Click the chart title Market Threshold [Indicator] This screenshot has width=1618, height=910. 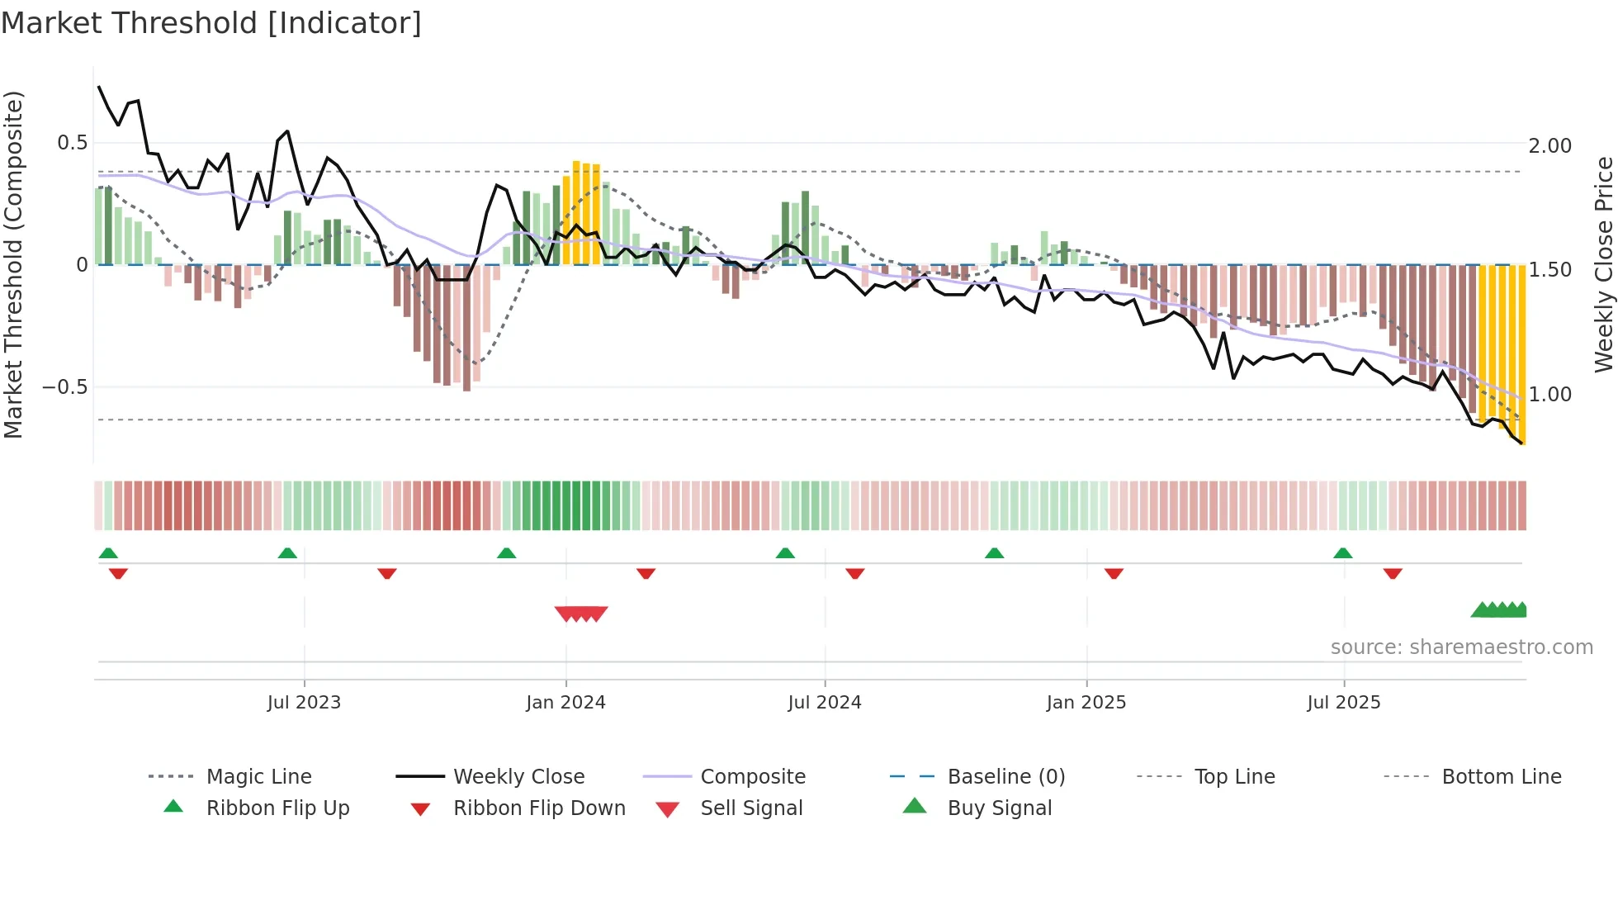pos(211,23)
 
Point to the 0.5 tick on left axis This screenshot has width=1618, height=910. pos(72,143)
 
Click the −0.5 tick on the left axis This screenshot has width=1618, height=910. pos(65,387)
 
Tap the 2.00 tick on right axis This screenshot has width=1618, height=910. pos(1549,146)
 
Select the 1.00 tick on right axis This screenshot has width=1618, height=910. pos(1549,395)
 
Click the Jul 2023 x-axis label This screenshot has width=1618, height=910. pos(304,703)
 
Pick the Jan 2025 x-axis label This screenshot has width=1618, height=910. pos(1086,703)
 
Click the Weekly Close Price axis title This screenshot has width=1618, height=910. pos(1602,264)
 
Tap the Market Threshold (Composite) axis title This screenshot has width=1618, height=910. pos(14,264)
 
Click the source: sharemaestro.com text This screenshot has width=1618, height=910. pos(1461,647)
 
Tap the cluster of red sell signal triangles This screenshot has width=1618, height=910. pos(581,614)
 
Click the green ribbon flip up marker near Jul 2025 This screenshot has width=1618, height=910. pos(1342,553)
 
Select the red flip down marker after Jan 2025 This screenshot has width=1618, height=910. pos(1114,573)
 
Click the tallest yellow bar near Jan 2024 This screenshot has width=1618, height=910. pos(576,213)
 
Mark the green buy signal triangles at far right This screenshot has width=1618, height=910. pos(1499,610)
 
